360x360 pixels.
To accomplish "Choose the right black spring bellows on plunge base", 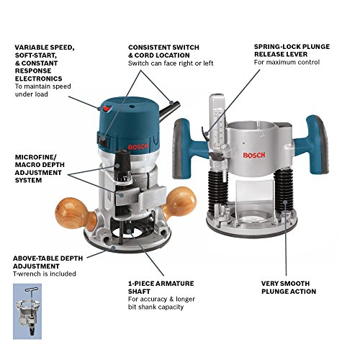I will pos(291,197).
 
